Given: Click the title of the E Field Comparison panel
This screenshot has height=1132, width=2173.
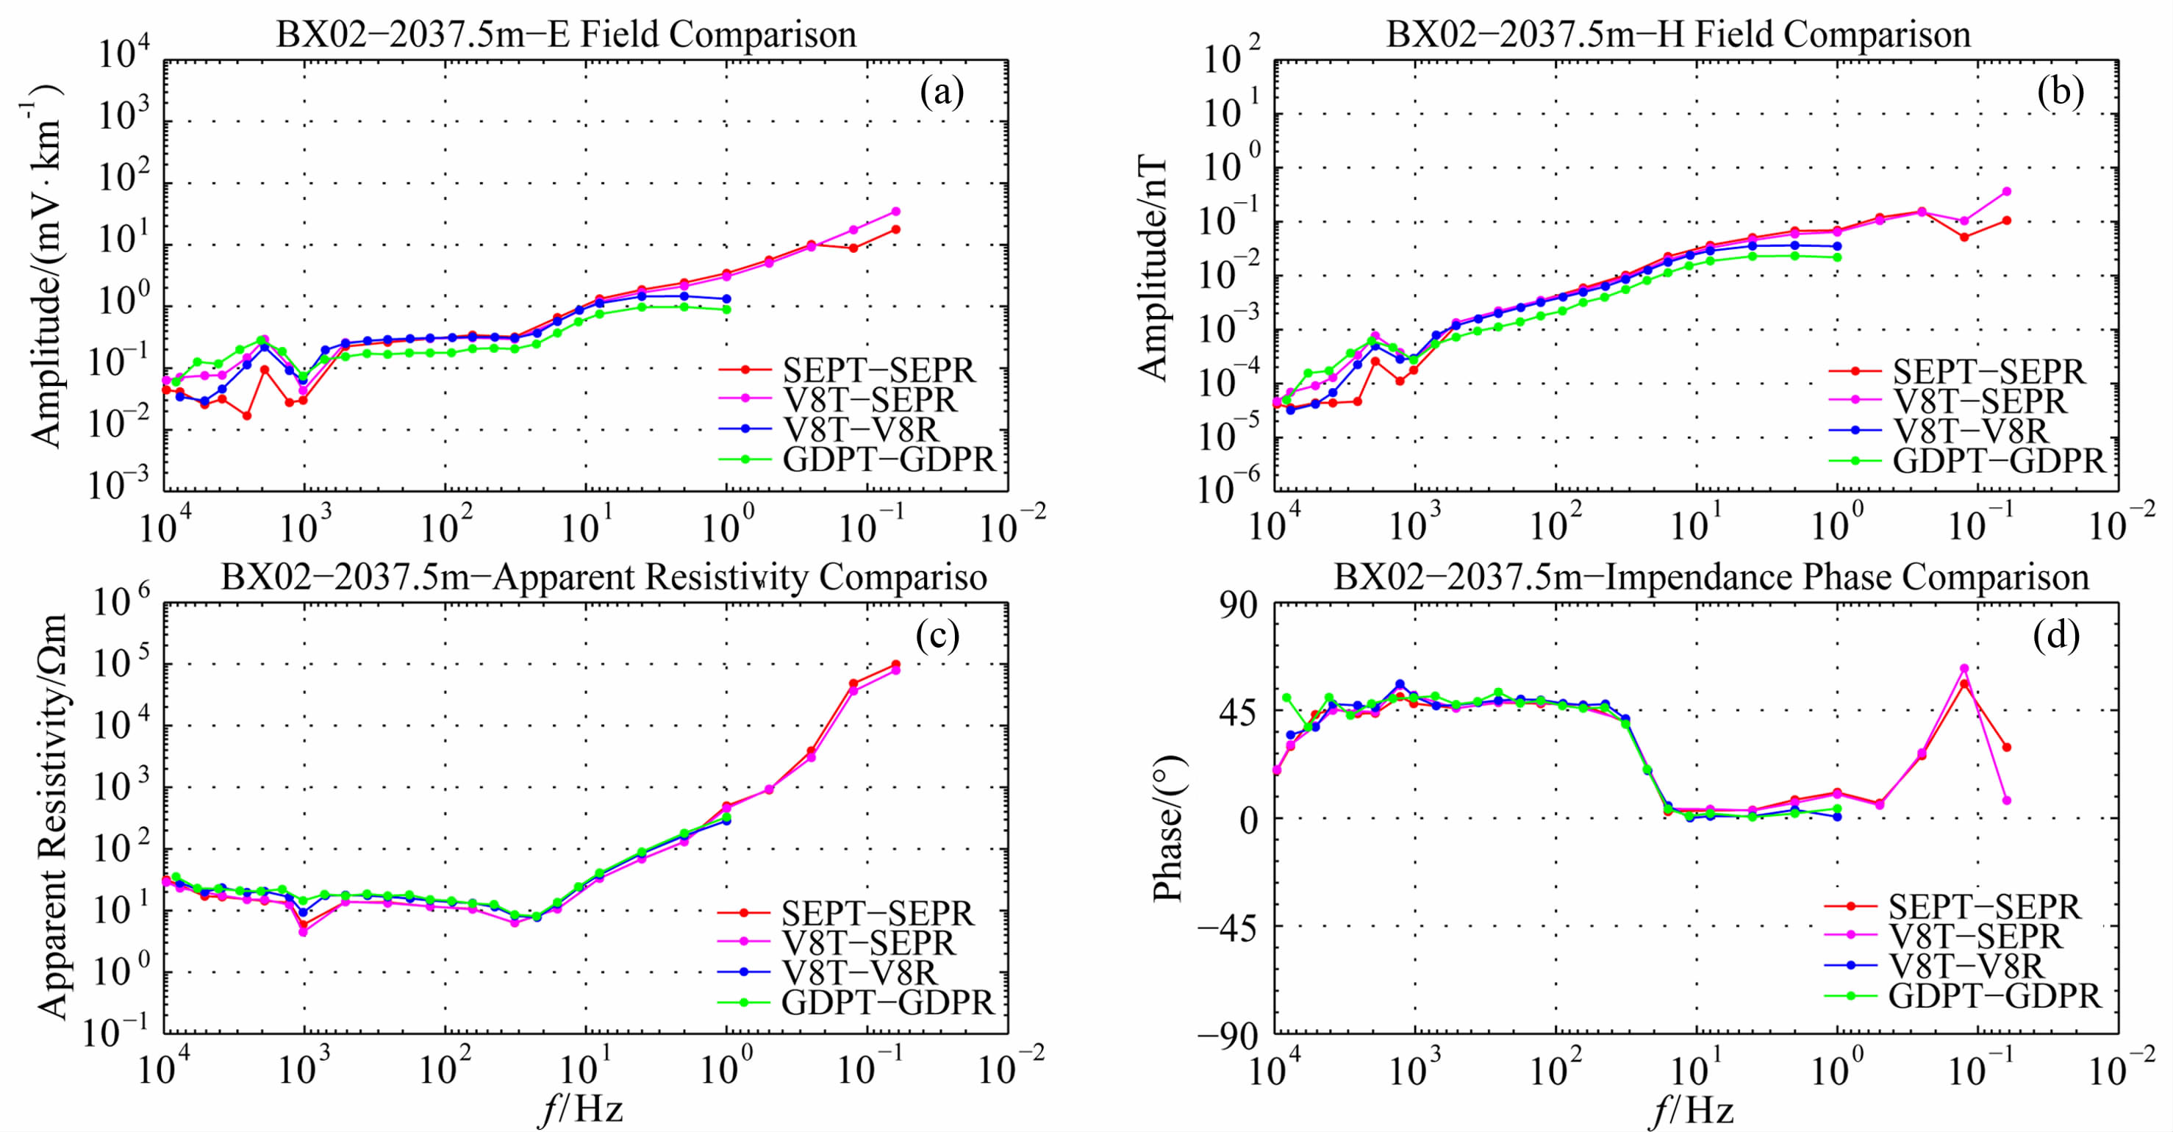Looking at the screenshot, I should tap(566, 35).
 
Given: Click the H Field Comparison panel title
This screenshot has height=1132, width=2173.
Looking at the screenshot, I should tap(1678, 35).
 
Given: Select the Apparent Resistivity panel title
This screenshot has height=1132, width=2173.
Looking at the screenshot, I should tap(604, 578).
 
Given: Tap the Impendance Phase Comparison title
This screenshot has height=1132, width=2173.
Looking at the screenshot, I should tap(1711, 578).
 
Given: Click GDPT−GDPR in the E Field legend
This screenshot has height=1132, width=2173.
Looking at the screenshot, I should tap(889, 459).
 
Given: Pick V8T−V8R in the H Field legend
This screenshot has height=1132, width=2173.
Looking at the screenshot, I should tap(1971, 431).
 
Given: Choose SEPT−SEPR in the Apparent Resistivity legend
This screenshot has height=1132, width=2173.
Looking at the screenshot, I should tap(877, 914).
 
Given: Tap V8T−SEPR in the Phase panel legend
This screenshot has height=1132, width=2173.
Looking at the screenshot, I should tap(1974, 936).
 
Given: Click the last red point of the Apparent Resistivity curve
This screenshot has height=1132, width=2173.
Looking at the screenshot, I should tap(896, 664).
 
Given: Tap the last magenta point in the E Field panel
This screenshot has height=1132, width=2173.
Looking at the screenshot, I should tap(896, 211).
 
